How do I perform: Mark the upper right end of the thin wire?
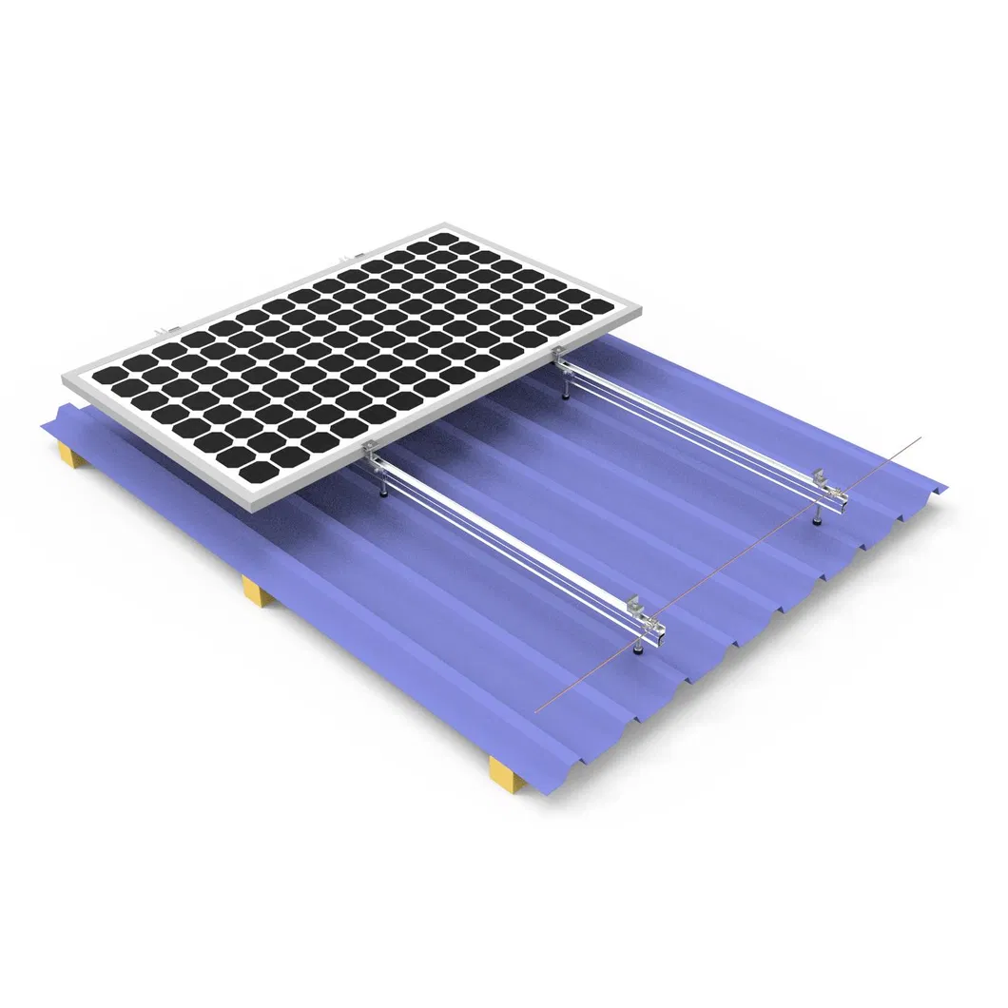tap(921, 438)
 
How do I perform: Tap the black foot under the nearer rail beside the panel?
tap(382, 491)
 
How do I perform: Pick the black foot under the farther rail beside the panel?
tap(567, 393)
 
